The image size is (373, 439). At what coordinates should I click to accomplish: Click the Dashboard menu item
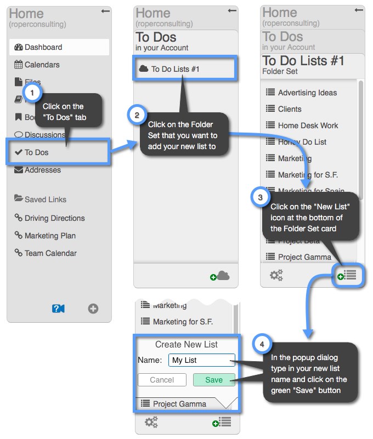point(43,48)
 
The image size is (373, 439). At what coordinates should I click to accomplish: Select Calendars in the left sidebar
point(42,65)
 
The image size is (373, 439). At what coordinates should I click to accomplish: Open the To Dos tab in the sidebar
point(36,152)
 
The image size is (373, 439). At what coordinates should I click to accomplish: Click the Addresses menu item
point(42,170)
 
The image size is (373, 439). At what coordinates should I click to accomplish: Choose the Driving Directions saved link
point(54,218)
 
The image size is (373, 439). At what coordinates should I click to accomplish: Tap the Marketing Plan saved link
point(50,236)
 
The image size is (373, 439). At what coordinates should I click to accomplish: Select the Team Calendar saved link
point(50,253)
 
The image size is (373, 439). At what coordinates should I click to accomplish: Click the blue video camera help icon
point(58,309)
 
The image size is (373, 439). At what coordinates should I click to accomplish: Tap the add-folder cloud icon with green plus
point(220,276)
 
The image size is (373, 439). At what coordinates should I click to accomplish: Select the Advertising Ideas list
point(307,93)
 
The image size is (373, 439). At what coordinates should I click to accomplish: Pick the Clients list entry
point(290,109)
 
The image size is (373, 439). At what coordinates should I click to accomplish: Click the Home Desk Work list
point(308,126)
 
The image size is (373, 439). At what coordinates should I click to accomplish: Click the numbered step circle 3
point(259,197)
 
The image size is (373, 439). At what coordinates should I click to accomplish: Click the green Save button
point(214,380)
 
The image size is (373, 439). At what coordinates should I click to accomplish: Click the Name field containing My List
point(201,360)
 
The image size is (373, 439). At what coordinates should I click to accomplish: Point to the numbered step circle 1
point(32,93)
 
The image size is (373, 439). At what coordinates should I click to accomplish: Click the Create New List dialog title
point(187,345)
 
